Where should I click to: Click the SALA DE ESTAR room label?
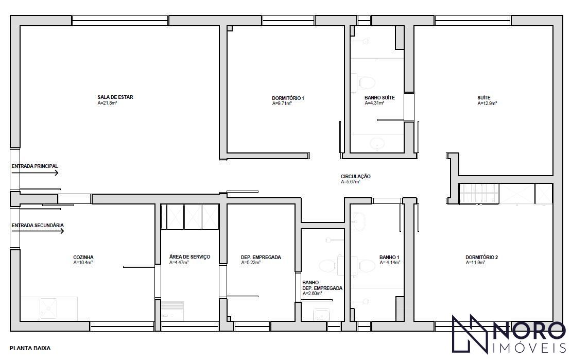(x=115, y=97)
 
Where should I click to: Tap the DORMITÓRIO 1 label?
(x=288, y=98)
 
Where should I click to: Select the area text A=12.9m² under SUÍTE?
(x=487, y=104)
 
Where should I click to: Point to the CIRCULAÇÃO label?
(x=355, y=176)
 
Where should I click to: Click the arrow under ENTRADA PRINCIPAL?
(x=35, y=173)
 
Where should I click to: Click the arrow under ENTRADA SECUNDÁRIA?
(x=38, y=231)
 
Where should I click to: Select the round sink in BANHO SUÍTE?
(x=376, y=144)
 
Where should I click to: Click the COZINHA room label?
(x=83, y=257)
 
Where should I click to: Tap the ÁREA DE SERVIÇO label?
(x=189, y=257)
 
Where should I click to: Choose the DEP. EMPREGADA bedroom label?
(x=261, y=257)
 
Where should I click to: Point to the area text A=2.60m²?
(x=313, y=294)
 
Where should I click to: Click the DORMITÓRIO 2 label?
(x=481, y=257)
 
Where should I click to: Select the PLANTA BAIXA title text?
(x=30, y=348)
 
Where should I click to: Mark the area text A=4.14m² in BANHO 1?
(x=390, y=262)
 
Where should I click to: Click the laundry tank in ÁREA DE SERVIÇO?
(x=172, y=311)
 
